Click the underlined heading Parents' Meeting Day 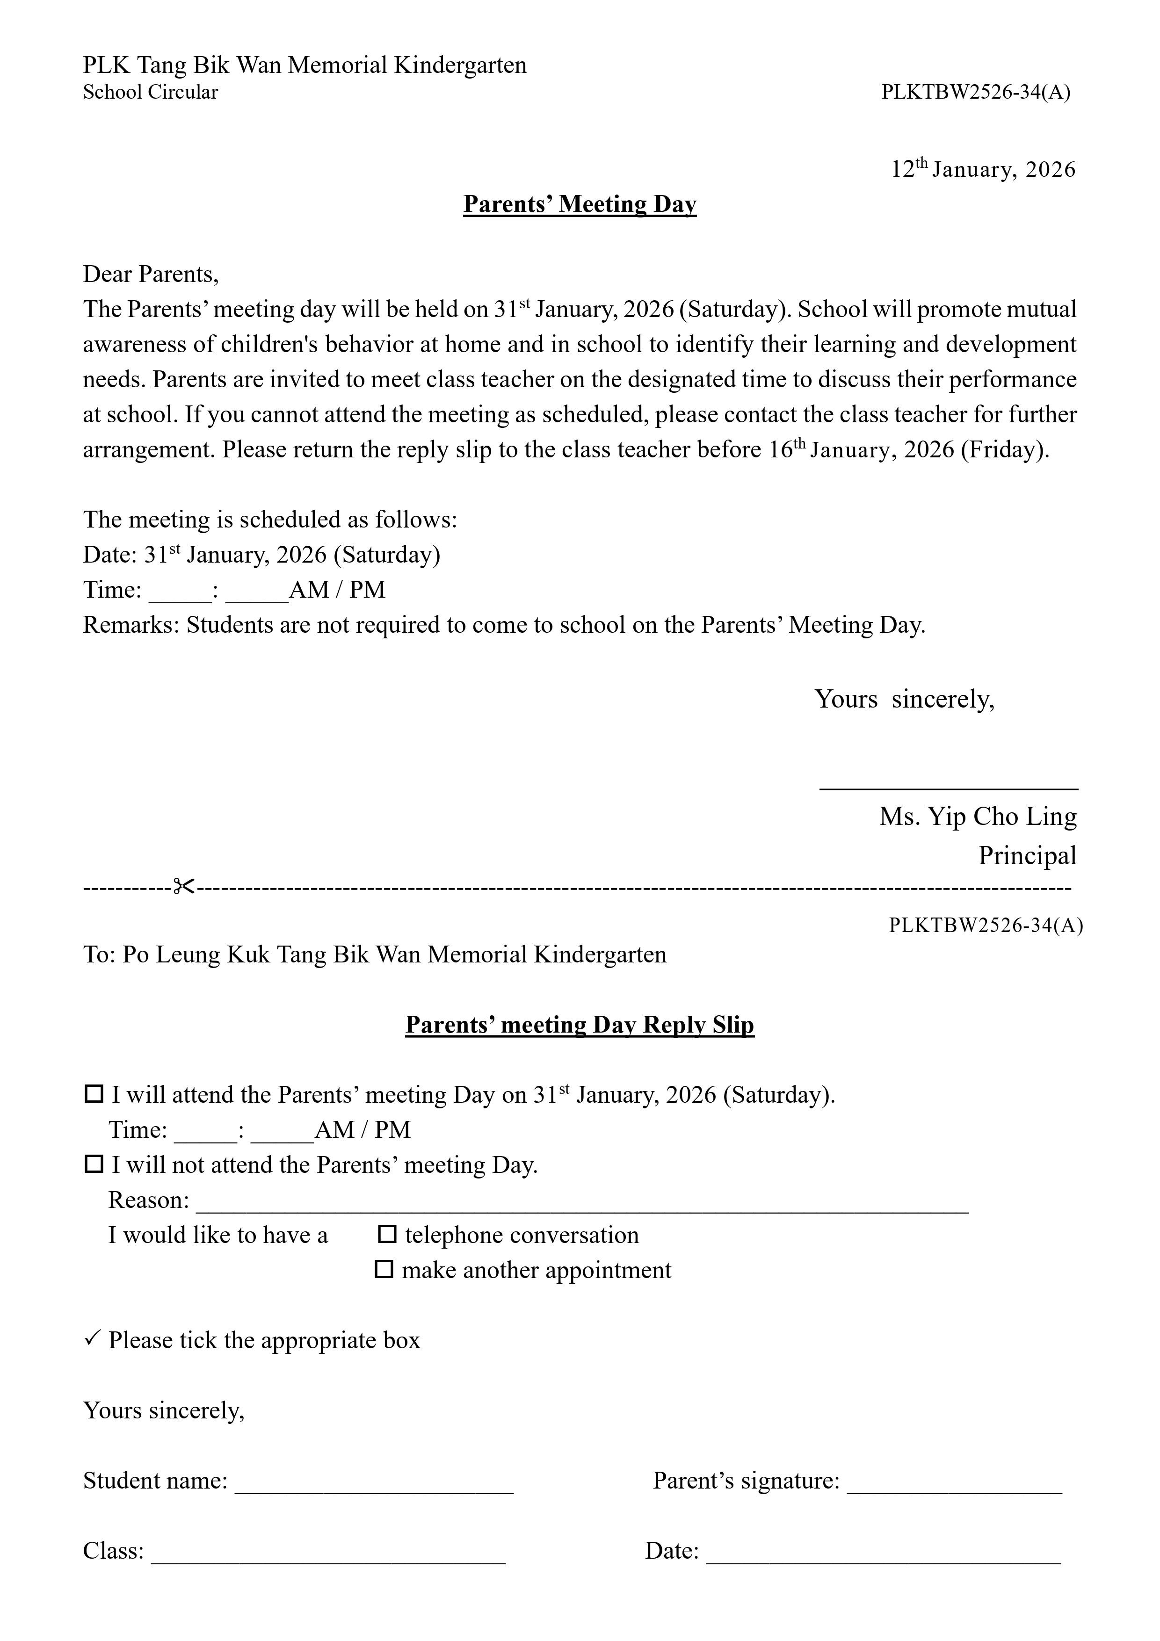point(580,204)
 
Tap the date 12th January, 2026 point(983,169)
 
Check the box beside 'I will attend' point(94,1094)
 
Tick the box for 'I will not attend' point(94,1164)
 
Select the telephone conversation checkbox point(387,1234)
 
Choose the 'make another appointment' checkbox point(384,1269)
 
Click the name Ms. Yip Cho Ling point(977,816)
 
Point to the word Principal point(1027,855)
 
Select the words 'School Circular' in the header point(150,92)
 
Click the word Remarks point(131,625)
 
